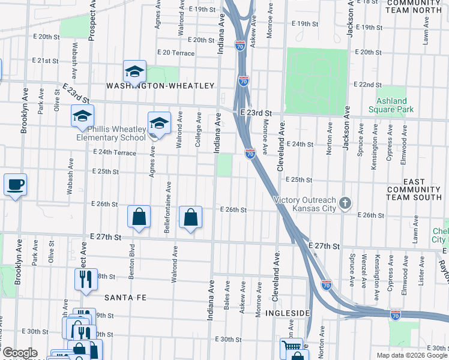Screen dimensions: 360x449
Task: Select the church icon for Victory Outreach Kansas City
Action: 345,203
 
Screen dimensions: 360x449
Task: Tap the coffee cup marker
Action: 15,185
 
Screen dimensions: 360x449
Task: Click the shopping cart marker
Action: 291,347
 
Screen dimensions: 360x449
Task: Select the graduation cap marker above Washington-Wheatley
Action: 135,71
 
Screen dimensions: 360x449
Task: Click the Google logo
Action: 19,353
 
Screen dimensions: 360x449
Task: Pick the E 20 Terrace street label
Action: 175,53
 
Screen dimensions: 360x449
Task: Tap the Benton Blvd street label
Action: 129,256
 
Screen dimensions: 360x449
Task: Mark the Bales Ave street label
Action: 227,295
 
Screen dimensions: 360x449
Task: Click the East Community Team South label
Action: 414,190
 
